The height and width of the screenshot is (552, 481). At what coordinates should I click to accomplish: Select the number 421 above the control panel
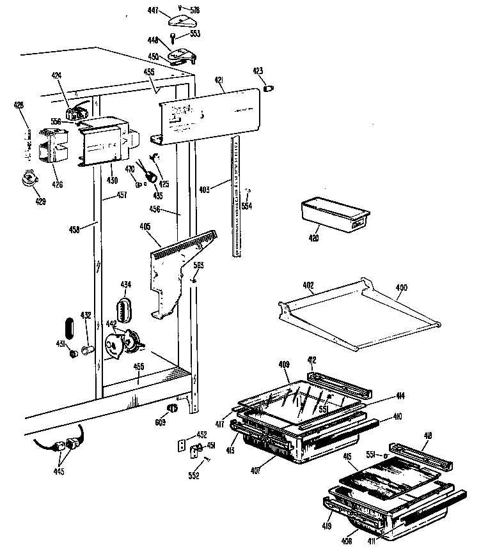tap(218, 80)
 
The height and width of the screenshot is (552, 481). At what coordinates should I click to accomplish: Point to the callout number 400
tap(401, 288)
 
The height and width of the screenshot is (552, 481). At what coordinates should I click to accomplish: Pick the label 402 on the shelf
tap(308, 289)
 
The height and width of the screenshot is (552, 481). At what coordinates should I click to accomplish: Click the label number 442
tap(111, 324)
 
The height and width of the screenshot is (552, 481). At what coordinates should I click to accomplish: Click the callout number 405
tap(145, 226)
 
